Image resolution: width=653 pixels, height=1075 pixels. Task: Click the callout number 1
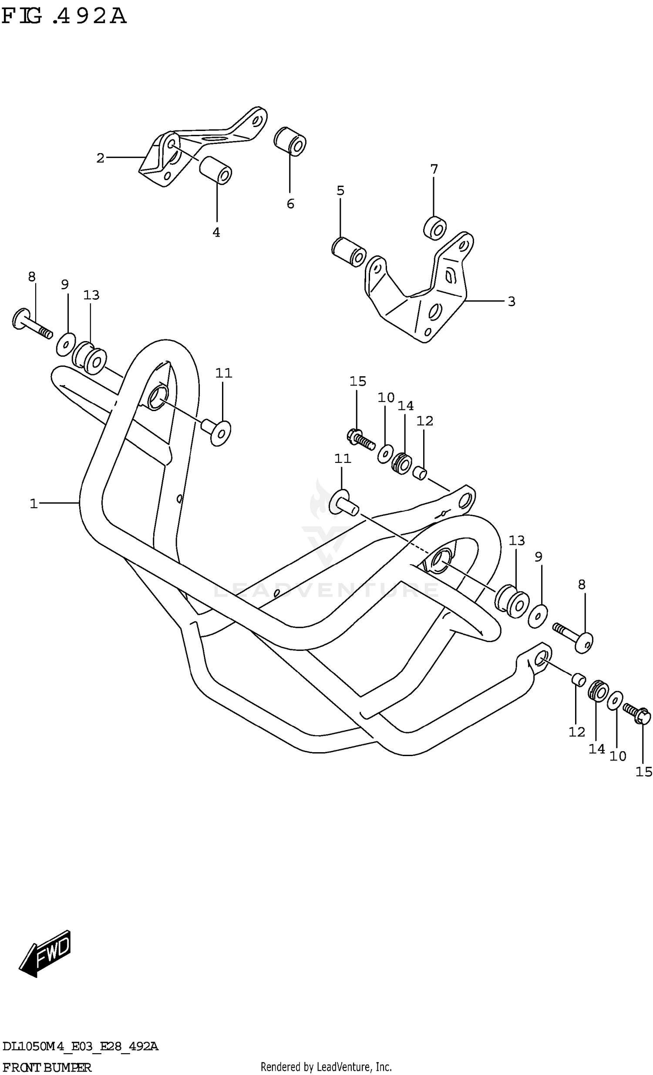coord(34,503)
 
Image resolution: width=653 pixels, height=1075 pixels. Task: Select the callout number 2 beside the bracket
coord(101,158)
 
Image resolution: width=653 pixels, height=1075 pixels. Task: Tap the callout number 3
coord(512,301)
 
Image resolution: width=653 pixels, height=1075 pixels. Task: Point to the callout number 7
coord(434,169)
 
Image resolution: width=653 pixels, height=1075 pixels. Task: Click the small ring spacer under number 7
coord(435,228)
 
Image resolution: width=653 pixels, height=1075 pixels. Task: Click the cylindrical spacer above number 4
coord(215,170)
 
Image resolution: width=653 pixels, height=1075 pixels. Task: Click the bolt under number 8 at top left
coord(31,323)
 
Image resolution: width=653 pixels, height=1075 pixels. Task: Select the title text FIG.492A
coord(64,17)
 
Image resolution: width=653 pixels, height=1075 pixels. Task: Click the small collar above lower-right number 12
coord(578,679)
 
